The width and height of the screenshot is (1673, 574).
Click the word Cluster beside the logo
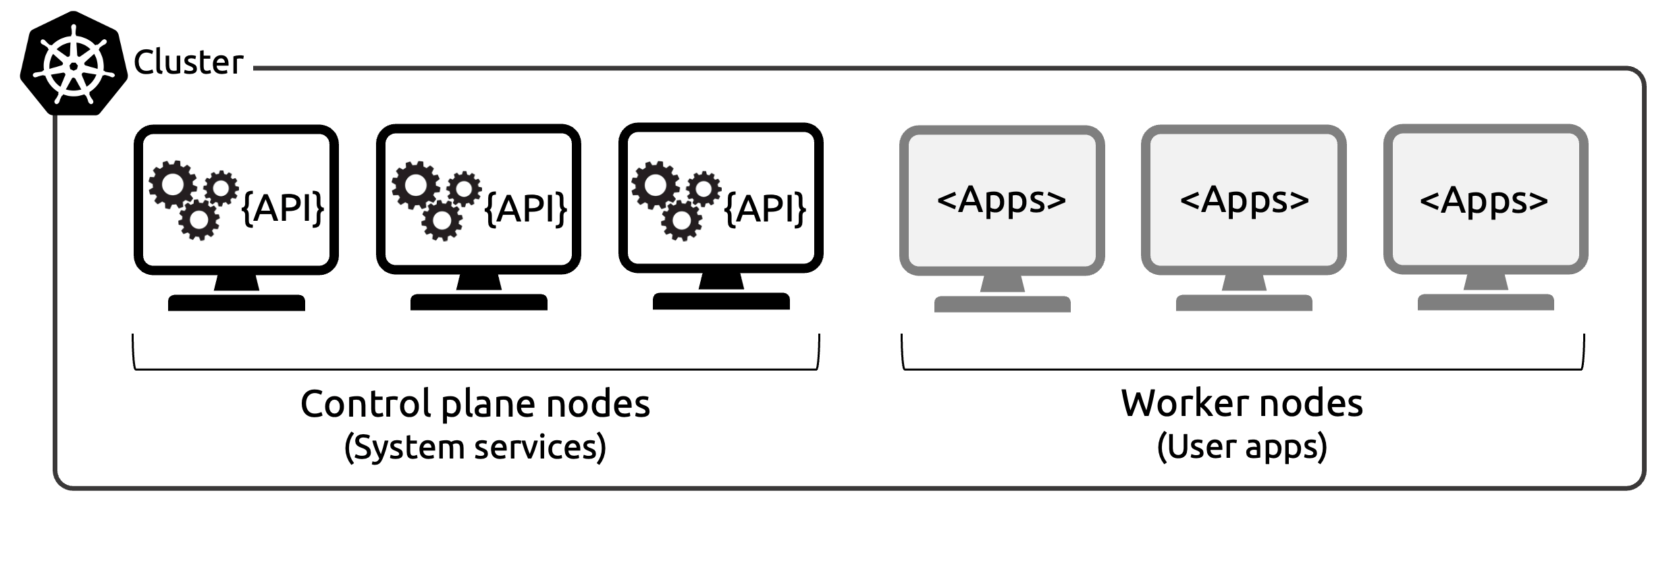pyautogui.click(x=188, y=63)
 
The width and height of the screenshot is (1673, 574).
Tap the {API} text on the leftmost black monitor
pyautogui.click(x=283, y=207)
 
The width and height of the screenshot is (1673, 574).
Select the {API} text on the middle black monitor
pyautogui.click(x=526, y=207)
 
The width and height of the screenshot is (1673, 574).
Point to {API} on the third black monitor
pyautogui.click(x=765, y=207)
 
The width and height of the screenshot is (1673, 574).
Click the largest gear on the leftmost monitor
pyautogui.click(x=173, y=184)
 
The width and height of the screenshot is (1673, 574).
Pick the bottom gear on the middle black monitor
pyautogui.click(x=442, y=220)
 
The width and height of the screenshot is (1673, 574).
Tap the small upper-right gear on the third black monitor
pyautogui.click(x=703, y=188)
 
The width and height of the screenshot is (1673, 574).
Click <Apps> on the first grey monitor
pyautogui.click(x=1001, y=201)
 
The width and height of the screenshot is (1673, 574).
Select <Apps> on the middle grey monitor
pyautogui.click(x=1244, y=201)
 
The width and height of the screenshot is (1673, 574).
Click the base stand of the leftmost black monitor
pyautogui.click(x=236, y=303)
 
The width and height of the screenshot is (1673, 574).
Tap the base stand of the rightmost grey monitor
pyautogui.click(x=1485, y=302)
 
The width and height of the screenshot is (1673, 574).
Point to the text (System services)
pyautogui.click(x=475, y=447)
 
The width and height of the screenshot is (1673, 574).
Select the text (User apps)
pyautogui.click(x=1242, y=447)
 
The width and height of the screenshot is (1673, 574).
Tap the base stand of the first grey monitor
pyautogui.click(x=1002, y=304)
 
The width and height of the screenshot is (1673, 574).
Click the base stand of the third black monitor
pyautogui.click(x=721, y=301)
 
